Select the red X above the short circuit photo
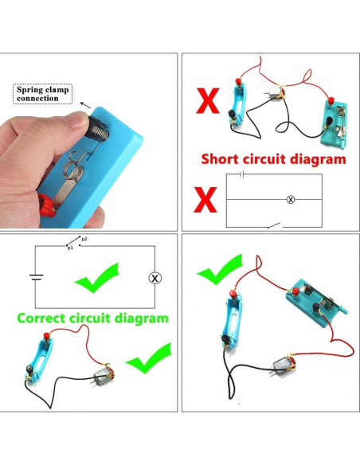click(209, 102)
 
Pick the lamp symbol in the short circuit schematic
click(290, 200)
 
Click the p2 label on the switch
click(84, 239)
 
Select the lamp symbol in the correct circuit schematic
click(156, 277)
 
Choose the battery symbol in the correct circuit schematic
click(35, 277)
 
